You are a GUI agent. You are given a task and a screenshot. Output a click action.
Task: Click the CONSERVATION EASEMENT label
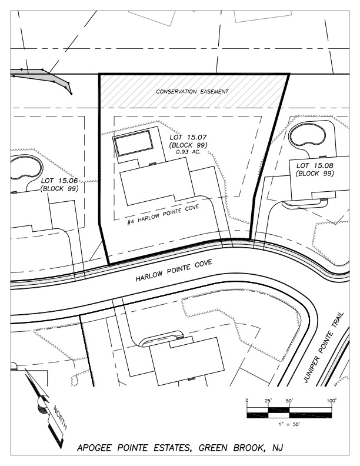tap(192, 92)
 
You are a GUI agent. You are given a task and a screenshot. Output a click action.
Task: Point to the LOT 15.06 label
tap(59, 181)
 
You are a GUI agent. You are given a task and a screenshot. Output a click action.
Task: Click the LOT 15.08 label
tap(315, 165)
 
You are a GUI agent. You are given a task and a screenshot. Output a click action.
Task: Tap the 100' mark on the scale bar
tap(332, 401)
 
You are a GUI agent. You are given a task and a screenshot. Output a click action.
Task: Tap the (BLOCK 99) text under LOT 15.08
tap(315, 174)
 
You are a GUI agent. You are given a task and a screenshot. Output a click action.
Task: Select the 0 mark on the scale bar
tap(248, 401)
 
